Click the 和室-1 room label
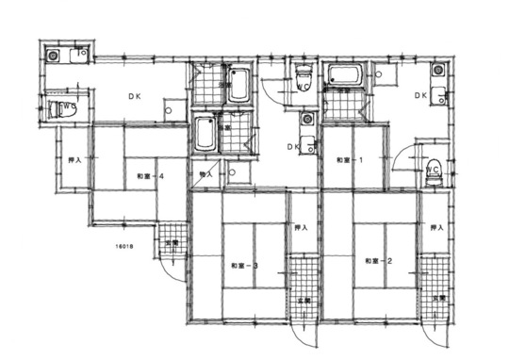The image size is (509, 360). [x=350, y=160]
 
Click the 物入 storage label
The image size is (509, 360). [x=205, y=175]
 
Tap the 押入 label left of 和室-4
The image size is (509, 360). [x=74, y=160]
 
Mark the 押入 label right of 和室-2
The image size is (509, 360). [x=435, y=228]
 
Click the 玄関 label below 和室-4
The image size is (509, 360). [x=172, y=244]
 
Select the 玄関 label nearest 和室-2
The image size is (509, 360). [x=438, y=299]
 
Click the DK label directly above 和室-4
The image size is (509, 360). [x=136, y=96]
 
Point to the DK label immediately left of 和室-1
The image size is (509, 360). [x=292, y=147]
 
